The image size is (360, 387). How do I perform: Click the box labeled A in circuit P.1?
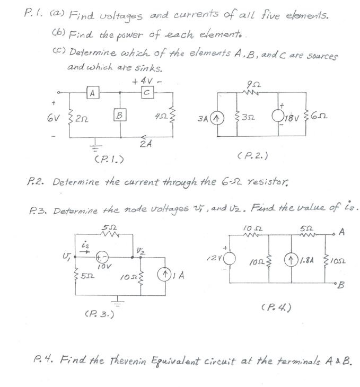tap(93, 93)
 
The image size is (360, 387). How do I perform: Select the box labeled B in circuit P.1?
tap(120, 114)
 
